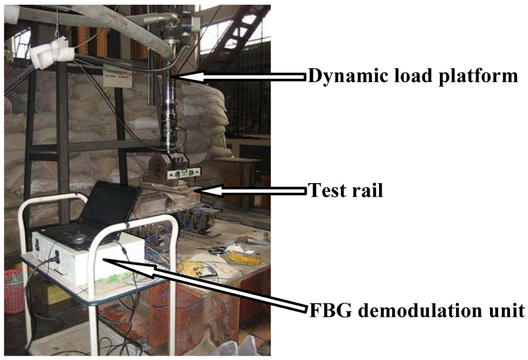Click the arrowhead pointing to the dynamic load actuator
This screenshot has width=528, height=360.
(x=177, y=77)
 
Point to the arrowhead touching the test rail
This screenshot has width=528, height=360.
(x=201, y=191)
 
